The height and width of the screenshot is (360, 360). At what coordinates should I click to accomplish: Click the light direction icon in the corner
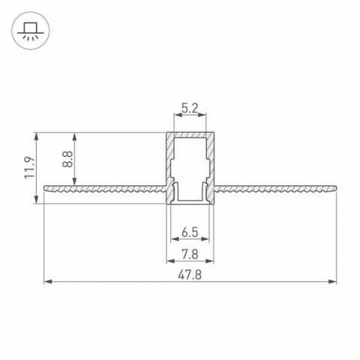click(x=28, y=31)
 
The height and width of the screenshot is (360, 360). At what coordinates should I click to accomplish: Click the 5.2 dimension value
click(x=190, y=108)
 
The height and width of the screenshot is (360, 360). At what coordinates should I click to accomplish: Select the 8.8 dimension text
click(x=67, y=158)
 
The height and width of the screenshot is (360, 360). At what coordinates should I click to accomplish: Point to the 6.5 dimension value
click(x=189, y=232)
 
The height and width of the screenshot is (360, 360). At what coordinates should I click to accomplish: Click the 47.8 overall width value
click(x=190, y=274)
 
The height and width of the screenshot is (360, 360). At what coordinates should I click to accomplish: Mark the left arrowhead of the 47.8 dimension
click(x=48, y=283)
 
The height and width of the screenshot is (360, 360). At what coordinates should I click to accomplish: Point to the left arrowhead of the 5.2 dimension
click(x=177, y=117)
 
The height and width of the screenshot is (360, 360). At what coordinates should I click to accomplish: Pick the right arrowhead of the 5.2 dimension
click(x=202, y=117)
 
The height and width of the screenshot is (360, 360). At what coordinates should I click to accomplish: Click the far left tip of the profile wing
click(x=46, y=184)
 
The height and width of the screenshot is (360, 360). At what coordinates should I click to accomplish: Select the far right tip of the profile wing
click(x=334, y=184)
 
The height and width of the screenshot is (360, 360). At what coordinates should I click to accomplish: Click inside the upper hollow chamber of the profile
click(x=190, y=154)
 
